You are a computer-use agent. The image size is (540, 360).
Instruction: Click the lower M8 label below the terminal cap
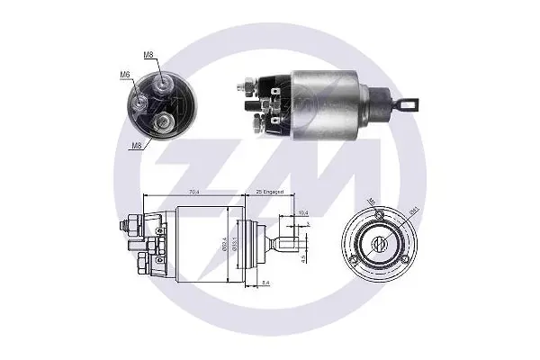[x=135, y=144]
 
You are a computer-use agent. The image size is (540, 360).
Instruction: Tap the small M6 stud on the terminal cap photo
[x=140, y=101]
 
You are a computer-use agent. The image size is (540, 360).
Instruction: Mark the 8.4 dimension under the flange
[x=266, y=283]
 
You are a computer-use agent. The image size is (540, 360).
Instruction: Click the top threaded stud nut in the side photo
[x=245, y=86]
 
